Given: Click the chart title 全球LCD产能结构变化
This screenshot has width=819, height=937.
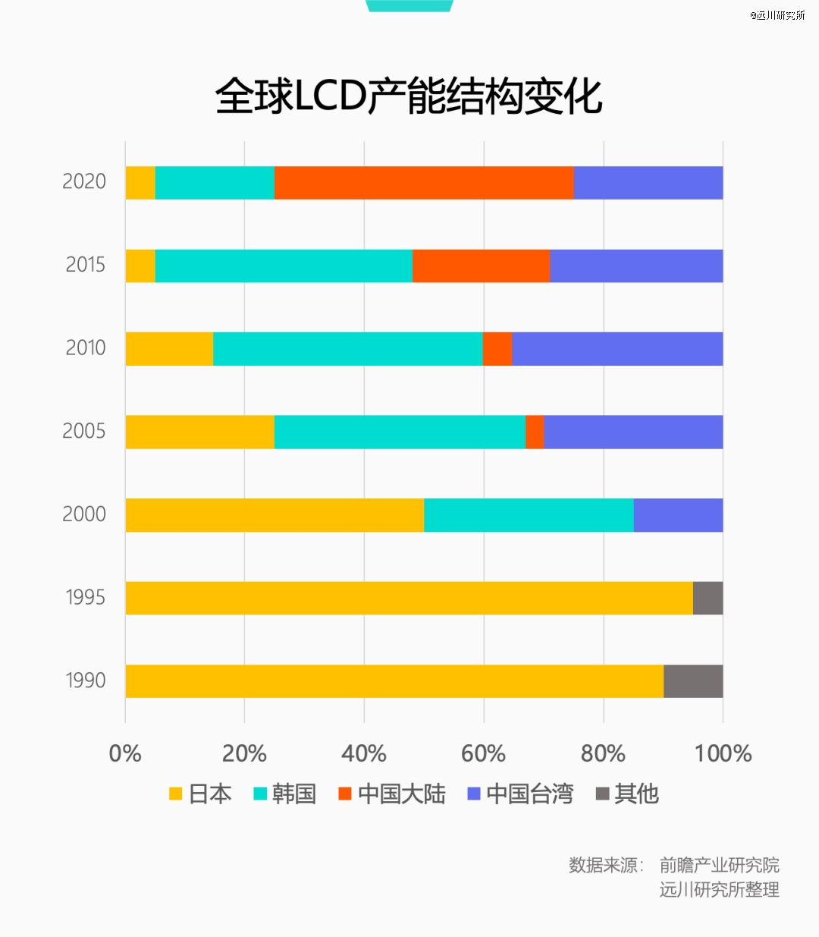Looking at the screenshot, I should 409,96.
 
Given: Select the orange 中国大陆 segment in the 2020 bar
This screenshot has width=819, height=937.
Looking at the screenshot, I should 424,183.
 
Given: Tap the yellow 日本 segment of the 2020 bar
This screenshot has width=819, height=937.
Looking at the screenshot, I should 140,183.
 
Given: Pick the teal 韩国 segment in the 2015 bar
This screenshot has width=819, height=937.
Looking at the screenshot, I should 284,266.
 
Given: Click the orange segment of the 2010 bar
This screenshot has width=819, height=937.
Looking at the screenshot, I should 497,349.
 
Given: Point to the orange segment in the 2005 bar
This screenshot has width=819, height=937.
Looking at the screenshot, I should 535,432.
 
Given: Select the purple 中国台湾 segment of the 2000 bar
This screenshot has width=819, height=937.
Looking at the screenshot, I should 678,515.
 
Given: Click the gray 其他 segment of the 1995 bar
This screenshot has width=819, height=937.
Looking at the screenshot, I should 708,598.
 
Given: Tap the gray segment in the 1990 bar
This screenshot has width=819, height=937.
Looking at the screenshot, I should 693,681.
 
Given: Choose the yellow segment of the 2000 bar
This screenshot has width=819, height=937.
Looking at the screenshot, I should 275,515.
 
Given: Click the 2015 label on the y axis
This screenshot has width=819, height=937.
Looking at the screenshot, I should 85,266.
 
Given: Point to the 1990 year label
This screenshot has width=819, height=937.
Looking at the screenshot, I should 85,681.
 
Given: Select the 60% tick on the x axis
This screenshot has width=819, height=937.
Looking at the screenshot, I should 483,753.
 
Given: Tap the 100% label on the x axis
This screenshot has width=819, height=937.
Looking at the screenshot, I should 723,753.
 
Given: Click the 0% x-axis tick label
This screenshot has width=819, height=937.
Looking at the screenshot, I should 125,753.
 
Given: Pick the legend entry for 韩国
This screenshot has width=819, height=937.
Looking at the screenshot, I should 285,794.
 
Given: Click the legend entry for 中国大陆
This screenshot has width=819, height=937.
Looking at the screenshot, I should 392,794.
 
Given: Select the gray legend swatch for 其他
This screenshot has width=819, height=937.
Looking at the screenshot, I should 603,794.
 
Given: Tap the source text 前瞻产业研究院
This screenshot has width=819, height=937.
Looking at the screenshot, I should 719,865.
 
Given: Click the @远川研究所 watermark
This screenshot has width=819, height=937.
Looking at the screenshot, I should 777,15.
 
